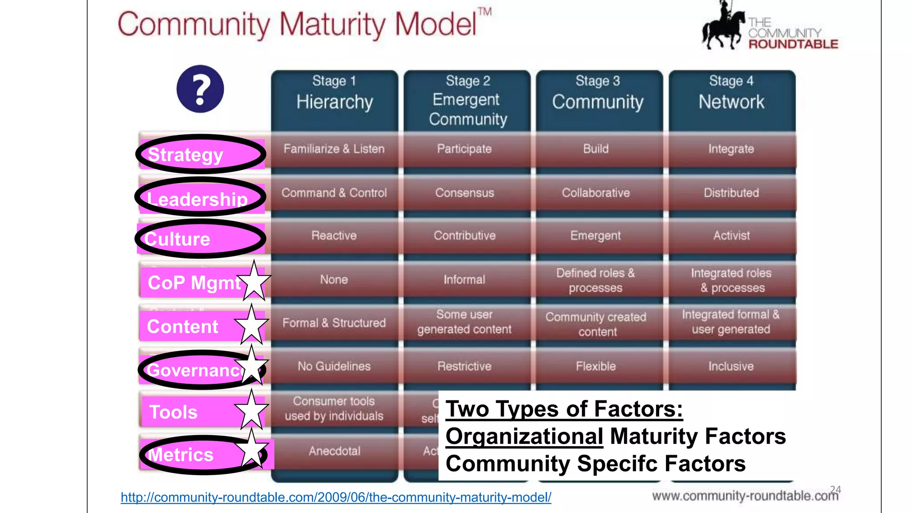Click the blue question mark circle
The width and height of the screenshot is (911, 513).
pos(200,89)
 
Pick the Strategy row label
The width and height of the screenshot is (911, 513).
pos(185,155)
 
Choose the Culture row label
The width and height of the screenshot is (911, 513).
pos(177,239)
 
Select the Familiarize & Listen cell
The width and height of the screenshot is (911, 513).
pos(334,149)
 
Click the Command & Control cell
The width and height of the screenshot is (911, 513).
pos(334,193)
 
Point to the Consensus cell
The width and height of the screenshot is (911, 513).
pos(464,193)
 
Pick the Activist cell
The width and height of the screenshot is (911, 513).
pos(731,236)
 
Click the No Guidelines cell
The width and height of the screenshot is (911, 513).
pos(334,366)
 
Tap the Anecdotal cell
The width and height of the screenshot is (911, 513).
pos(335,451)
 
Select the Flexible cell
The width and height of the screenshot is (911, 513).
pos(596,366)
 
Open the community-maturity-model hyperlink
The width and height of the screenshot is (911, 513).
pos(336,497)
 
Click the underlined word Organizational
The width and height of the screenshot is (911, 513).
pos(524,436)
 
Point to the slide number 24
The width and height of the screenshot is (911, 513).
pos(835,489)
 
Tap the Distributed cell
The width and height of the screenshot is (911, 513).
pos(731,193)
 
